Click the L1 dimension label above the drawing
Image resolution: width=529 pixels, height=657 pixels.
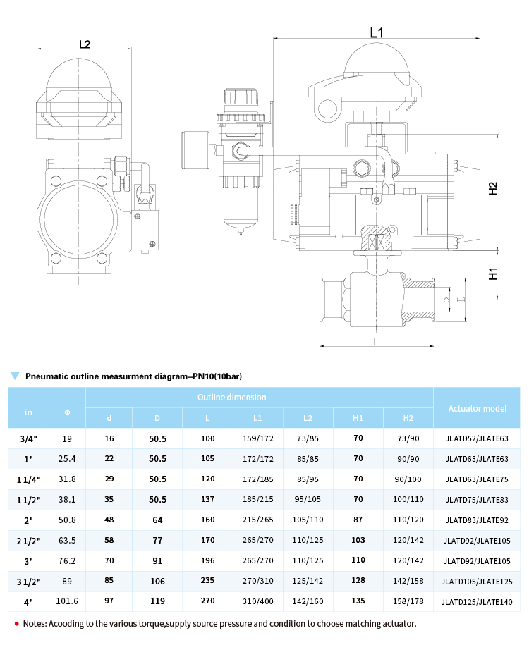click(x=377, y=32)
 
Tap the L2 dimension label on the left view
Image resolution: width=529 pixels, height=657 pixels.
click(x=85, y=44)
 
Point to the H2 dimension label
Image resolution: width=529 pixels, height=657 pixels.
click(x=493, y=188)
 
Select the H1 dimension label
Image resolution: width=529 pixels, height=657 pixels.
click(x=493, y=274)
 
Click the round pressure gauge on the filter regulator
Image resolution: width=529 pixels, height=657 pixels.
click(x=195, y=150)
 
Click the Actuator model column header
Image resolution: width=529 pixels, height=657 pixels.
click(x=477, y=409)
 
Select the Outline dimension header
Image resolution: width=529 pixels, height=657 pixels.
click(x=232, y=397)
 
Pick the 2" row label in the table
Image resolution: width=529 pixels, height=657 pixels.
click(x=28, y=520)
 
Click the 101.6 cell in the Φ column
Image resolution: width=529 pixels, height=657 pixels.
click(x=67, y=601)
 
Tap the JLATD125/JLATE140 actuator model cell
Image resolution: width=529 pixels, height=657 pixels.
click(x=477, y=602)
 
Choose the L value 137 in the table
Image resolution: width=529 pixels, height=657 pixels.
click(x=207, y=500)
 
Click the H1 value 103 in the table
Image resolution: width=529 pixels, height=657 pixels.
click(x=358, y=540)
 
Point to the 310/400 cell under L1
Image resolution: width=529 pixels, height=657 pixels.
click(x=257, y=601)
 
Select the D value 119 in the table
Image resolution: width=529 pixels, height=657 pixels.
click(x=157, y=601)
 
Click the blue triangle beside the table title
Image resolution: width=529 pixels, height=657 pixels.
click(x=15, y=376)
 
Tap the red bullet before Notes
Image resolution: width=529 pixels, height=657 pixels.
click(x=17, y=624)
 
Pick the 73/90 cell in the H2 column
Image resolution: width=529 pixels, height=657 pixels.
click(x=408, y=438)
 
